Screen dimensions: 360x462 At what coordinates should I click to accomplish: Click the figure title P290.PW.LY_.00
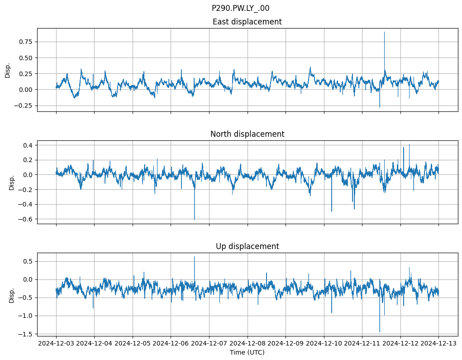pos(240,8)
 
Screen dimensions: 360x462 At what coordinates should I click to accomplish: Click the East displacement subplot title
pos(247,22)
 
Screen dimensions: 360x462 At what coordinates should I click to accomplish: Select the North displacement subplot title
pos(247,134)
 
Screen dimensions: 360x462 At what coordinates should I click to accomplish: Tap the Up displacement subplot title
pos(247,246)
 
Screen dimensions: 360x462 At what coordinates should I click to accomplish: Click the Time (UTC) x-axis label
pos(247,352)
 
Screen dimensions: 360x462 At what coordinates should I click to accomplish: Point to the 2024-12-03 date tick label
pos(56,344)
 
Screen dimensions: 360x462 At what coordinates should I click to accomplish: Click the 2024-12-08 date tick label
pos(247,344)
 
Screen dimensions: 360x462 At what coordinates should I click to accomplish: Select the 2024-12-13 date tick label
pos(438,344)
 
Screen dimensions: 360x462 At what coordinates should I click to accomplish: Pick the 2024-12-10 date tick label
pos(324,344)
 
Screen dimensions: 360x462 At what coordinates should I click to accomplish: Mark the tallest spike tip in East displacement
pos(384,32)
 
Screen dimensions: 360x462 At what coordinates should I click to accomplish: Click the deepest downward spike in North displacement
pos(195,220)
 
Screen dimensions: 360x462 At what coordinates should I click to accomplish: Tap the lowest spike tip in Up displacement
pos(380,332)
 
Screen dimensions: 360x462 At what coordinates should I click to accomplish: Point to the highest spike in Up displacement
pos(195,257)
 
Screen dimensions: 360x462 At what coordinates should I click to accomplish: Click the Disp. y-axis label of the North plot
pos(12,182)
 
